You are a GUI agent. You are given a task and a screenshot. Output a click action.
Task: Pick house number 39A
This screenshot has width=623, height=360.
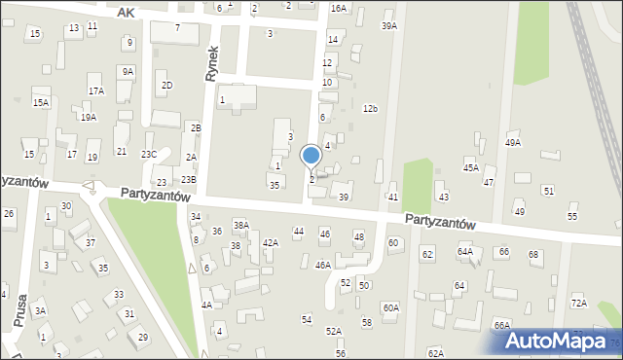389,26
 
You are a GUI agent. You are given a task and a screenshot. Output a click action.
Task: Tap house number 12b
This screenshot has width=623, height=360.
370,108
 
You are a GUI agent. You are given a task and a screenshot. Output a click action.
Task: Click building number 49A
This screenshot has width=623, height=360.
512,142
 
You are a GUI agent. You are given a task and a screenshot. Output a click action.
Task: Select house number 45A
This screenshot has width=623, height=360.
470,167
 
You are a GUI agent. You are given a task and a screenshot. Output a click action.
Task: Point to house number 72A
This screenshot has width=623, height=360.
579,303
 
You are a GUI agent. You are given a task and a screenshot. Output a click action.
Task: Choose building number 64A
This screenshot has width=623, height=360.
465,252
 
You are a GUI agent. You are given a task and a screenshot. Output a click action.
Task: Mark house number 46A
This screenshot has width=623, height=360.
323,265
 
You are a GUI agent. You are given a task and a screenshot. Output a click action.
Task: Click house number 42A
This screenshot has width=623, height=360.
271,242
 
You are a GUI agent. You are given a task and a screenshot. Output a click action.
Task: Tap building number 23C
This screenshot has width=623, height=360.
148,154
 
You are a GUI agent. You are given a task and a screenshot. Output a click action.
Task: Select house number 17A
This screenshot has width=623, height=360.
95,90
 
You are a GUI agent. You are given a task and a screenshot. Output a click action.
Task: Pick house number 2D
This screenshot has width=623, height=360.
166,86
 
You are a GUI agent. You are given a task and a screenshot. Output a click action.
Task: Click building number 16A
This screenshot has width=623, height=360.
338,8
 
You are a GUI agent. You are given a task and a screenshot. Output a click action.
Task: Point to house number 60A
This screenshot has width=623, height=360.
390,307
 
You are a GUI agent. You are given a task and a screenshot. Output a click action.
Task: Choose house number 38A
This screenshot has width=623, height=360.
240,226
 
